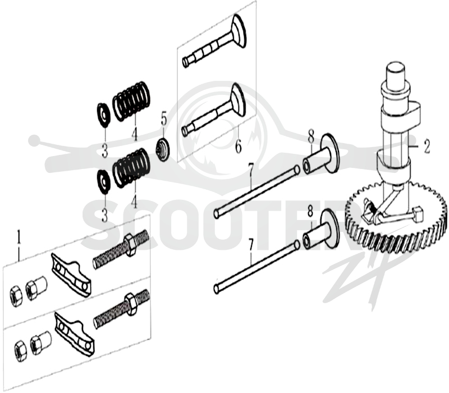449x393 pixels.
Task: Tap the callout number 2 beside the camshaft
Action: (x=427, y=147)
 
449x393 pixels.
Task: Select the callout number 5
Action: (x=163, y=119)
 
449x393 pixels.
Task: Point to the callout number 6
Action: (x=238, y=146)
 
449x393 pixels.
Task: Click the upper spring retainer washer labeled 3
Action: (x=103, y=115)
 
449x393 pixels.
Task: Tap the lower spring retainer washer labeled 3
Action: (x=103, y=181)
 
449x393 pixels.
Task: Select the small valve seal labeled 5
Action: (x=163, y=149)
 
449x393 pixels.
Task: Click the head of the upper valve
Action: (x=239, y=31)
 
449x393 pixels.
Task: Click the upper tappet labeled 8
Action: (x=321, y=154)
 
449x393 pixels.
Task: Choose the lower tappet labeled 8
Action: (x=321, y=229)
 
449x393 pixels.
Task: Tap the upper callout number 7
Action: (x=250, y=171)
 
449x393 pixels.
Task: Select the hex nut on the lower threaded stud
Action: (x=131, y=304)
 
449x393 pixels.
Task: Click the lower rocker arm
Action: (x=75, y=334)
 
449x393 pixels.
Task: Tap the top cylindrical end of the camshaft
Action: (x=396, y=72)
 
